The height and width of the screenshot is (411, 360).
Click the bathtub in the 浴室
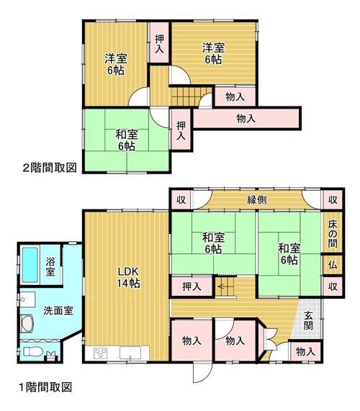pyautogui.click(x=30, y=265)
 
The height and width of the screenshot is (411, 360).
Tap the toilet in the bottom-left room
pyautogui.click(x=33, y=351)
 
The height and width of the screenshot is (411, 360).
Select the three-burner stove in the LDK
pyautogui.click(x=101, y=353)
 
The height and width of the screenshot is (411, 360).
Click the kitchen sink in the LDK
pyautogui.click(x=130, y=353)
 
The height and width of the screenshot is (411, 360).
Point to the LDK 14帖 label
pyautogui.click(x=128, y=277)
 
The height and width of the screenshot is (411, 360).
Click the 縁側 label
pyautogui.click(x=257, y=199)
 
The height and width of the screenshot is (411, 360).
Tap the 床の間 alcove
pyautogui.click(x=333, y=233)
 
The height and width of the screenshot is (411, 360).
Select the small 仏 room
pyautogui.click(x=333, y=265)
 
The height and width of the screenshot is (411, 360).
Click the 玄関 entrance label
pyautogui.click(x=308, y=320)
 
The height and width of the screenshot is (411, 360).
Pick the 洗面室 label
pyautogui.click(x=58, y=311)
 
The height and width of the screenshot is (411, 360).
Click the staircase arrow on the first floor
pyautogui.click(x=223, y=286)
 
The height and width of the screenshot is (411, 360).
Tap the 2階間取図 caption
pyautogui.click(x=50, y=168)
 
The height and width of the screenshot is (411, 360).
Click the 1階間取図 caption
pyautogui.click(x=45, y=387)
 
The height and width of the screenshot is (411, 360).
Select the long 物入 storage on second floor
pyautogui.click(x=246, y=119)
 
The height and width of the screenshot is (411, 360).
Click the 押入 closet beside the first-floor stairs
pyautogui.click(x=192, y=286)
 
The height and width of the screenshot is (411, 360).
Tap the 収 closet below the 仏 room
pyautogui.click(x=333, y=286)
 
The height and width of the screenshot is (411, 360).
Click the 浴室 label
pyautogui.click(x=50, y=266)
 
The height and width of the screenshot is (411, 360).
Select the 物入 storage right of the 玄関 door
pyautogui.click(x=305, y=351)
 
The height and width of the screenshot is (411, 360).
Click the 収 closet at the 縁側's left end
pyautogui.click(x=181, y=199)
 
